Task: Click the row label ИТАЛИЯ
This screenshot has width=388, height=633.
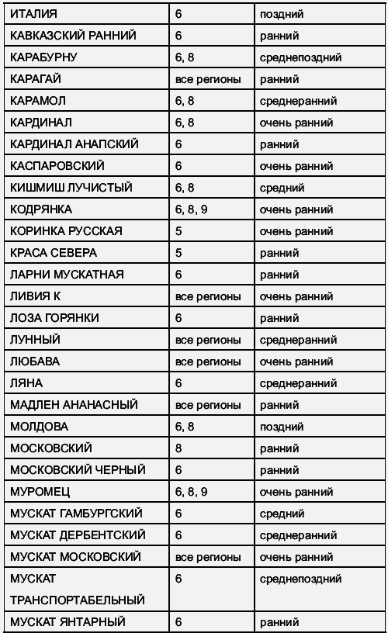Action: (x=33, y=14)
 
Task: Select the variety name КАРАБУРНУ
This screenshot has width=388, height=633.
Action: (x=43, y=57)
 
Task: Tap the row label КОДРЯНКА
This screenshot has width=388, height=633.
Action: (x=41, y=209)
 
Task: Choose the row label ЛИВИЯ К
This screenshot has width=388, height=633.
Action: (x=35, y=296)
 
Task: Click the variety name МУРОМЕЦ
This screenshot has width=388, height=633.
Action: (x=40, y=492)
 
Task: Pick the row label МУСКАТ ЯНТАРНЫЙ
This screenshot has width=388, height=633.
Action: (x=68, y=622)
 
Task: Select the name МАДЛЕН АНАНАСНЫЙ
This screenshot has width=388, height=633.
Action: (x=74, y=405)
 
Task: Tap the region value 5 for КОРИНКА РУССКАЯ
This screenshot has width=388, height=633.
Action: (x=179, y=231)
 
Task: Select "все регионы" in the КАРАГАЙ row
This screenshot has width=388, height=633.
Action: (x=208, y=79)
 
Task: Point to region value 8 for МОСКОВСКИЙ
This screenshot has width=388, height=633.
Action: (x=179, y=448)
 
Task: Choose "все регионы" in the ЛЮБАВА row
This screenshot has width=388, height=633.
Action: (x=208, y=361)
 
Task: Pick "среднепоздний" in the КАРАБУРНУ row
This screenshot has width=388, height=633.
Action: (x=301, y=57)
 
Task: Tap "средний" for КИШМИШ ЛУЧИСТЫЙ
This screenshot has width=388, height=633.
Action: (x=282, y=188)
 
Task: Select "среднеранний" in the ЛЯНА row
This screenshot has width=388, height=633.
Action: (x=299, y=383)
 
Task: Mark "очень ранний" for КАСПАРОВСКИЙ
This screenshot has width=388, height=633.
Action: (x=296, y=166)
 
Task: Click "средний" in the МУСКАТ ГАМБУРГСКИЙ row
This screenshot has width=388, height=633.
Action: (x=282, y=514)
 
